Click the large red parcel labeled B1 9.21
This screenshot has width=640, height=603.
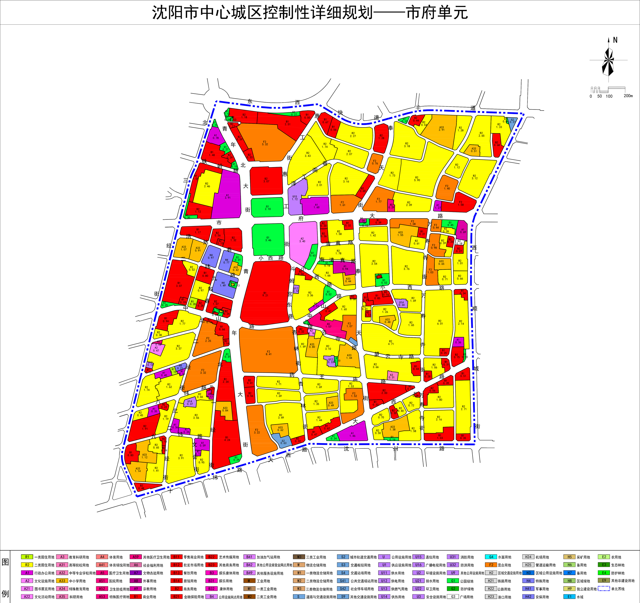(265, 294)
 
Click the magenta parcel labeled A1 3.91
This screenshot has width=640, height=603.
(228, 196)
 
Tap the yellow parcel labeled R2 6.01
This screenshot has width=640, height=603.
(439, 322)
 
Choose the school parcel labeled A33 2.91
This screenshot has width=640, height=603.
(441, 129)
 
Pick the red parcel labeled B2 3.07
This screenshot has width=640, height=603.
(266, 180)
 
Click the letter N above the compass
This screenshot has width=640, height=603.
(615, 40)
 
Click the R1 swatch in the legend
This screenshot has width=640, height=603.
(27, 557)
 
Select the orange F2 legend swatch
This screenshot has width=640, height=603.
(491, 565)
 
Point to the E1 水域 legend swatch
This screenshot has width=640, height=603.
(569, 597)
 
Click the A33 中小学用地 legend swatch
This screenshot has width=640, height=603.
(62, 581)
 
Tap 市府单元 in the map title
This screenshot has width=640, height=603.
(436, 13)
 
